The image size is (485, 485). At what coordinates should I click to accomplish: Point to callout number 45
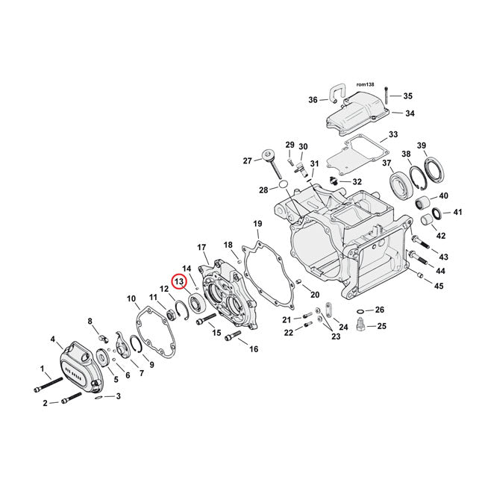[439, 287]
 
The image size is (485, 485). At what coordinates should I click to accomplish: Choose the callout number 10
[131, 299]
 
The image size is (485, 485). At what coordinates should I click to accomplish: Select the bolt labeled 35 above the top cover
[387, 94]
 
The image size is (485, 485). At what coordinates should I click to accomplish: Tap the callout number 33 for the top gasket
[392, 137]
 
